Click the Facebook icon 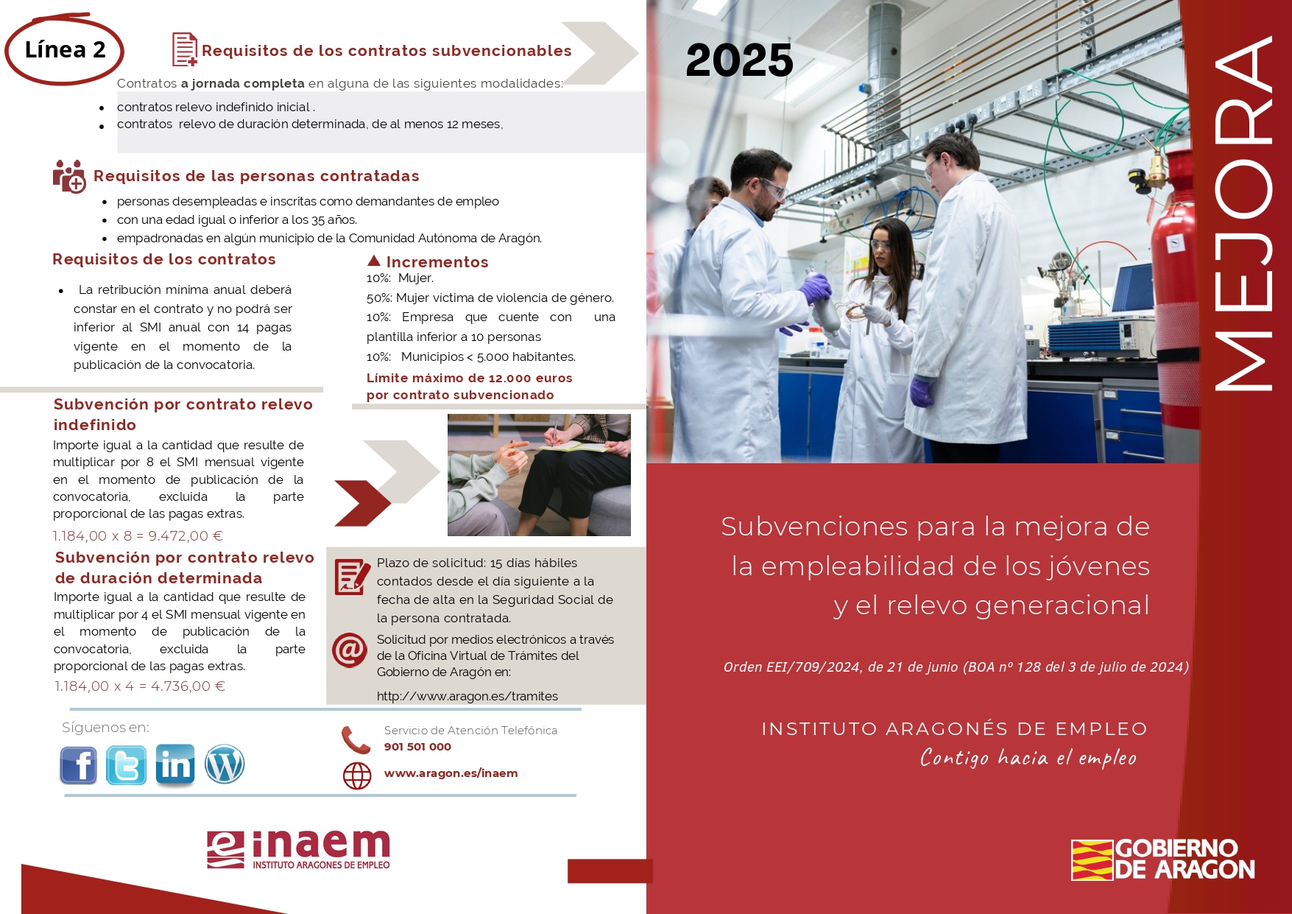tap(78, 764)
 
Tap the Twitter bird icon tap(126, 764)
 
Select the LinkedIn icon tap(175, 765)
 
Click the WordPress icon tap(225, 764)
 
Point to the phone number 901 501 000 tap(417, 747)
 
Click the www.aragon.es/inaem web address tap(451, 773)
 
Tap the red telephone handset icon tap(356, 739)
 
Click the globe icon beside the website tap(357, 776)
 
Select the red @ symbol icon tap(350, 650)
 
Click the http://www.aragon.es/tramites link tap(467, 696)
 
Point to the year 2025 tap(739, 60)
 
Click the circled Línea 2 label tap(65, 49)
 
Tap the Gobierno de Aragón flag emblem tap(1092, 859)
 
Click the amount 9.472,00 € tap(186, 536)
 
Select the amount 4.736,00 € tap(188, 686)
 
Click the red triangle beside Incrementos tap(374, 260)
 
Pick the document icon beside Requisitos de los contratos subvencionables tap(184, 49)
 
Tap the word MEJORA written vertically tap(1243, 214)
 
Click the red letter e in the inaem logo tap(225, 849)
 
